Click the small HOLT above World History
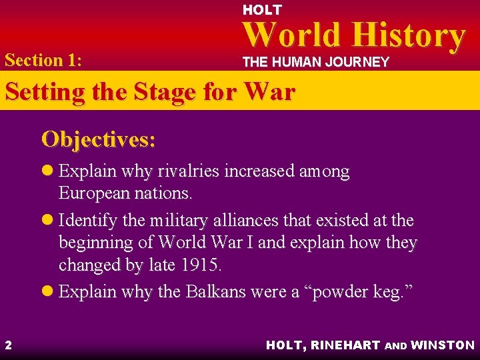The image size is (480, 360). pyautogui.click(x=262, y=10)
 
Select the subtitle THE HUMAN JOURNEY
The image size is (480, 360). pyautogui.click(x=315, y=62)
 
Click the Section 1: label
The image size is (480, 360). pyautogui.click(x=43, y=60)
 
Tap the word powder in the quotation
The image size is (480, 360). pyautogui.click(x=339, y=291)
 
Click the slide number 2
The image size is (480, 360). pyautogui.click(x=8, y=345)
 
